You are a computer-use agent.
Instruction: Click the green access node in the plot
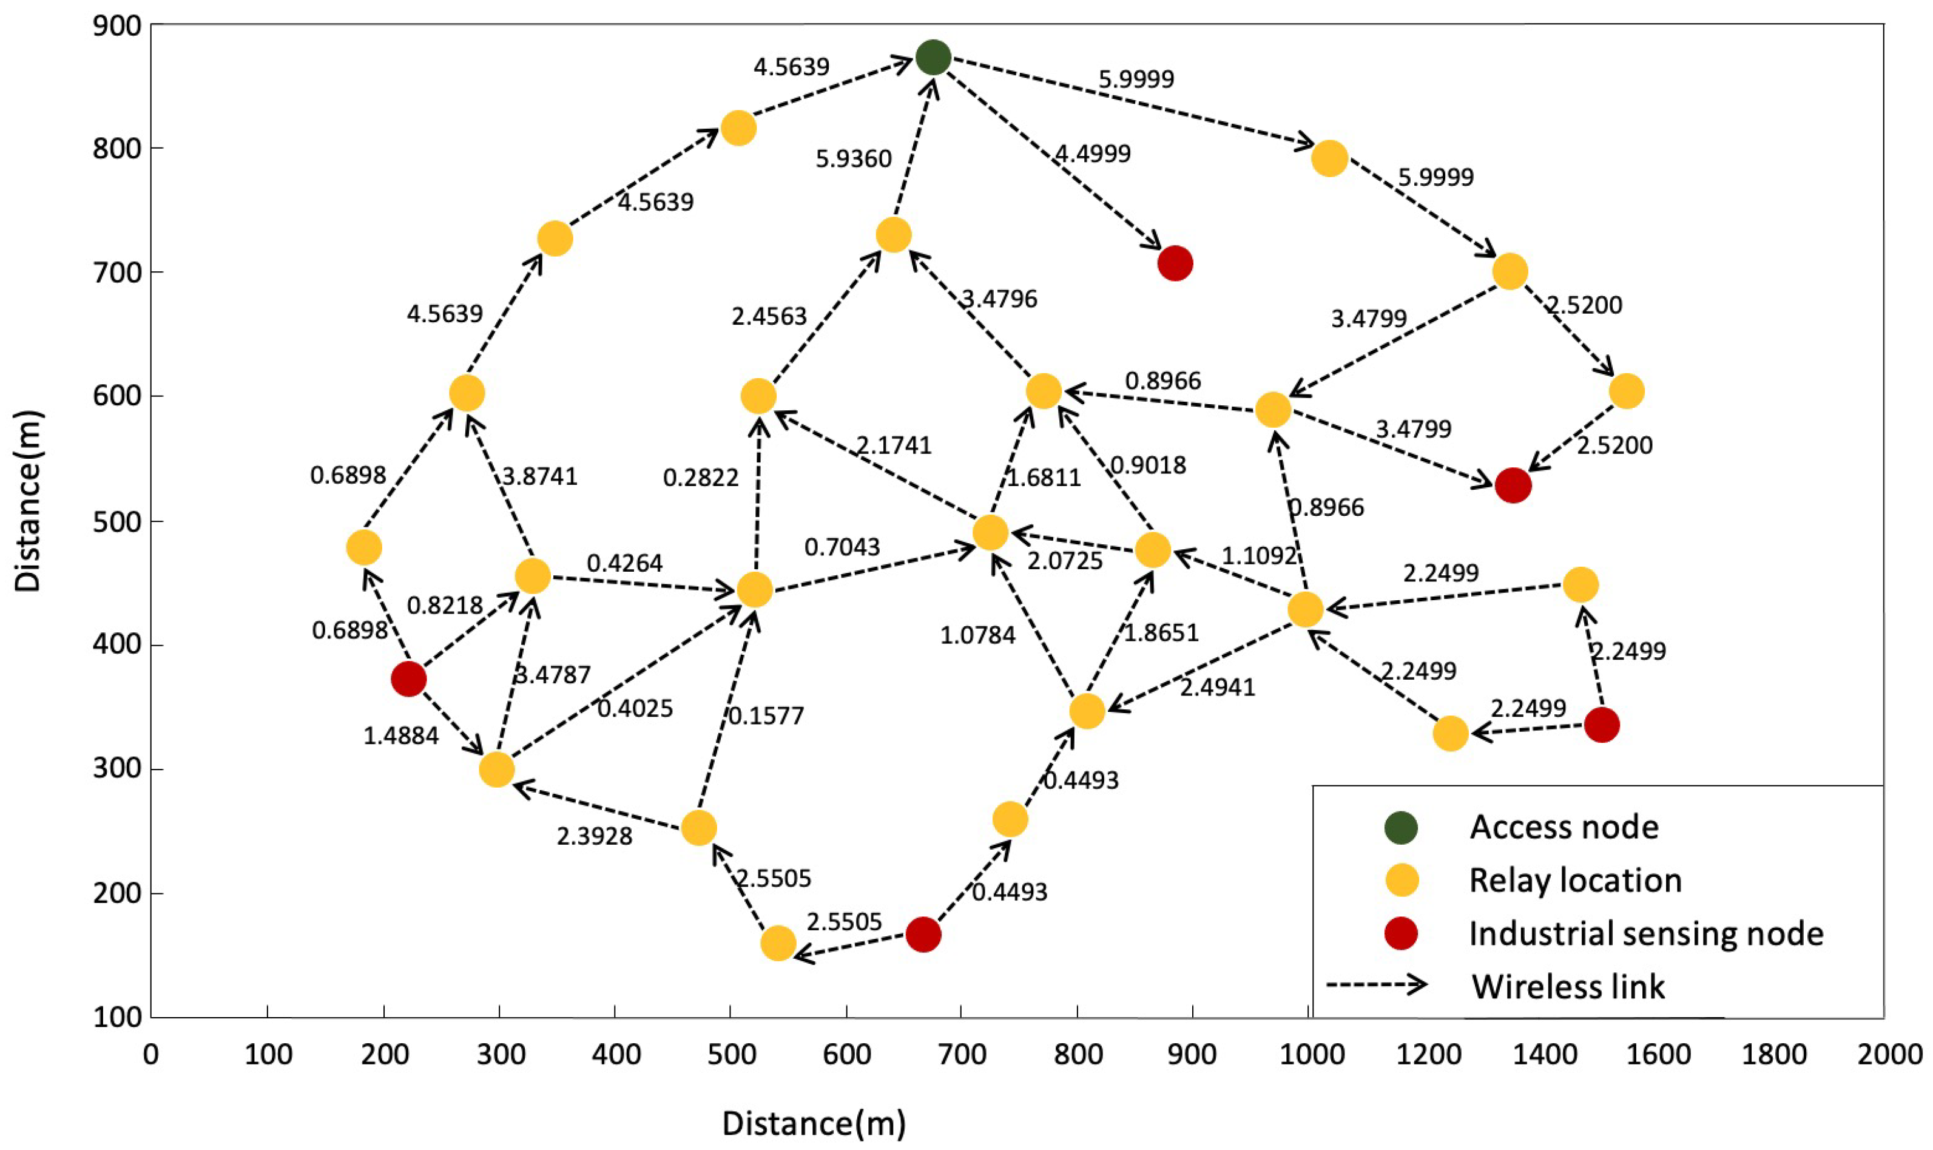tap(933, 56)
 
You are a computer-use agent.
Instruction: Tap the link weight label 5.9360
tap(853, 159)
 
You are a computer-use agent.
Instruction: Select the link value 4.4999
tap(1093, 154)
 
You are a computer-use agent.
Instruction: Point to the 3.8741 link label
tap(540, 476)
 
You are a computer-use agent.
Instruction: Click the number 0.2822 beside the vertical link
tap(700, 478)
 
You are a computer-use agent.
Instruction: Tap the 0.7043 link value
tap(842, 547)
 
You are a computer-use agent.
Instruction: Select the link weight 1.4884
tap(400, 736)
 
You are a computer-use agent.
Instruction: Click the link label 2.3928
tap(594, 836)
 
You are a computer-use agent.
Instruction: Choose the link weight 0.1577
tap(766, 715)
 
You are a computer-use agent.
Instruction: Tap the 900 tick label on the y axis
tap(117, 26)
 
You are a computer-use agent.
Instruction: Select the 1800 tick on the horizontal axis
tap(1774, 1055)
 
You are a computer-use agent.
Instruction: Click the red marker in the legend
tap(1401, 933)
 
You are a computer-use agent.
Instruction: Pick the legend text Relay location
tap(1575, 881)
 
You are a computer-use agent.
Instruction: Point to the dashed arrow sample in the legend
tap(1377, 985)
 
